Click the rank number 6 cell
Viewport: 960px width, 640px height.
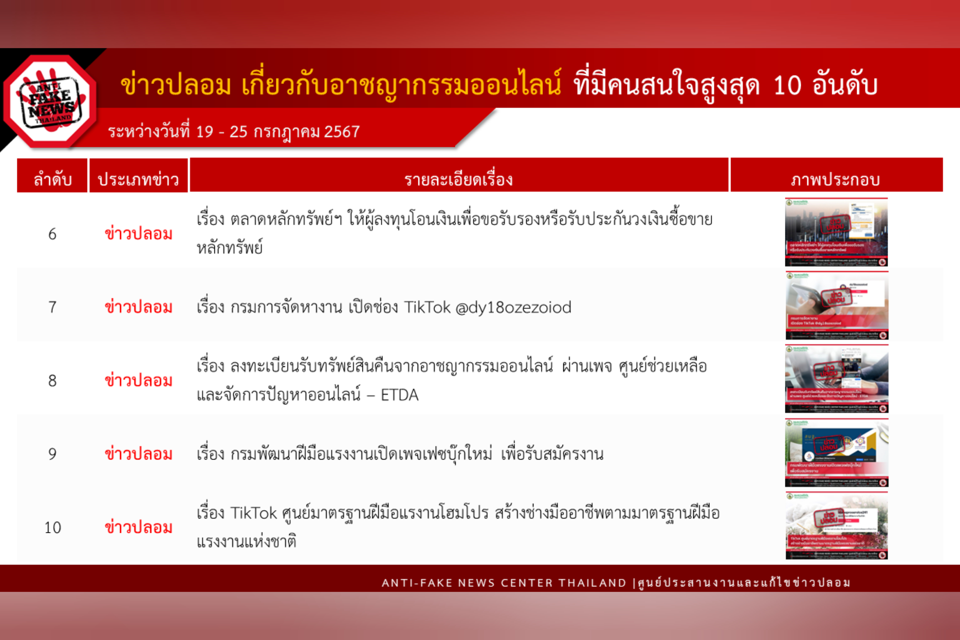point(52,234)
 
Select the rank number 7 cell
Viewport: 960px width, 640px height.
point(52,307)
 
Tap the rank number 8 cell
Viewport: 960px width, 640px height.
point(52,381)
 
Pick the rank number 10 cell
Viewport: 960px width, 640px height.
point(53,528)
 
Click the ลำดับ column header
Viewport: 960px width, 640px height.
point(52,180)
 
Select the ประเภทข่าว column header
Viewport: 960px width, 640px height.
point(138,180)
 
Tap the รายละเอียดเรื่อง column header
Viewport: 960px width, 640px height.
point(459,180)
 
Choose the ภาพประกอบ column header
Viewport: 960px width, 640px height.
point(835,180)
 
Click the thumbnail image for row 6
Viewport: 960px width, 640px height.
point(836,232)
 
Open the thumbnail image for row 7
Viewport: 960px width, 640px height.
point(837,305)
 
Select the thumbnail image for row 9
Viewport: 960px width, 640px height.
point(836,452)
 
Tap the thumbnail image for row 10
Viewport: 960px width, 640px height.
point(836,525)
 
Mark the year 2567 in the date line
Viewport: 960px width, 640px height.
point(342,132)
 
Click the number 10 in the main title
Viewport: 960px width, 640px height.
point(787,86)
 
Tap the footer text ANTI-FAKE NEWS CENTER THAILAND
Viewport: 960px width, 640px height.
point(504,583)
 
